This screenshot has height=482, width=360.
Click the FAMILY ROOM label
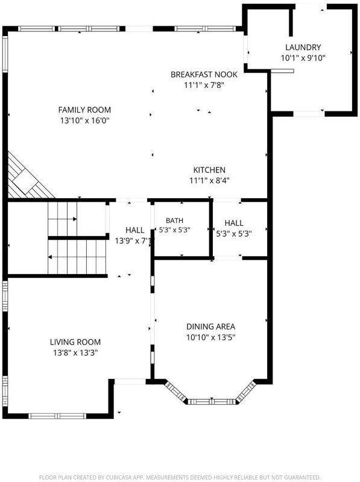[84, 110]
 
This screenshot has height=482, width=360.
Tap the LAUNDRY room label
[303, 48]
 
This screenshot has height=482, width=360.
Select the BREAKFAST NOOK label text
[204, 74]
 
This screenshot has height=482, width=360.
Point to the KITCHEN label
[209, 170]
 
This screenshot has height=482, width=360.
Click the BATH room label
[174, 221]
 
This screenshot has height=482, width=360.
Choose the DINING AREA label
[211, 327]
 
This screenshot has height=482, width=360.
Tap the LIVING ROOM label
[75, 342]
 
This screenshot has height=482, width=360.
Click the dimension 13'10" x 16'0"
[84, 120]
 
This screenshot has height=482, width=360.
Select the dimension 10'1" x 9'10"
[303, 58]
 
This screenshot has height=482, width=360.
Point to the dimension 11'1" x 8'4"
[209, 180]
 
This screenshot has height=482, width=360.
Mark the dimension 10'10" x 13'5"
[211, 337]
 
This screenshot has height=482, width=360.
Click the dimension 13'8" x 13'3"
[75, 352]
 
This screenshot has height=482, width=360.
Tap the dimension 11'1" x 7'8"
[204, 85]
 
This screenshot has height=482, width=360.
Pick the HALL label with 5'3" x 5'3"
[234, 223]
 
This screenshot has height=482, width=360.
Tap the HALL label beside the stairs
[134, 230]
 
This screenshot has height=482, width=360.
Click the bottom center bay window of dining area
[212, 401]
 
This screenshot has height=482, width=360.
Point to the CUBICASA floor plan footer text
[180, 477]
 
